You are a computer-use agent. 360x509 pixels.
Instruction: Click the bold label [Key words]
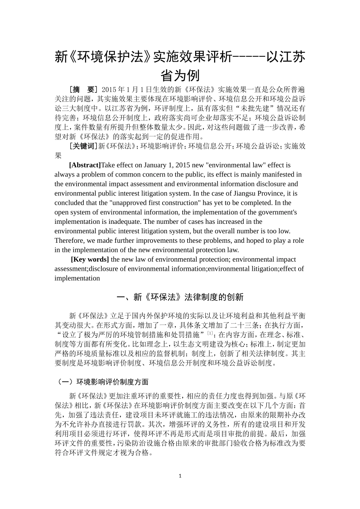pyautogui.click(x=90, y=259)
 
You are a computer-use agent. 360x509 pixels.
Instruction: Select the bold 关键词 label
pyautogui.click(x=83, y=146)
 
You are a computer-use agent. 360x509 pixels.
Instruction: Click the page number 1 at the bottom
pyautogui.click(x=180, y=476)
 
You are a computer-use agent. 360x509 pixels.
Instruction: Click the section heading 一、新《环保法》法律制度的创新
pyautogui.click(x=180, y=297)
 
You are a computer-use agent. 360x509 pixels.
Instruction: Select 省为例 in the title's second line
pyautogui.click(x=180, y=75)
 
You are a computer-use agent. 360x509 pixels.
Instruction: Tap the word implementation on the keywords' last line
pyautogui.click(x=77, y=278)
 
